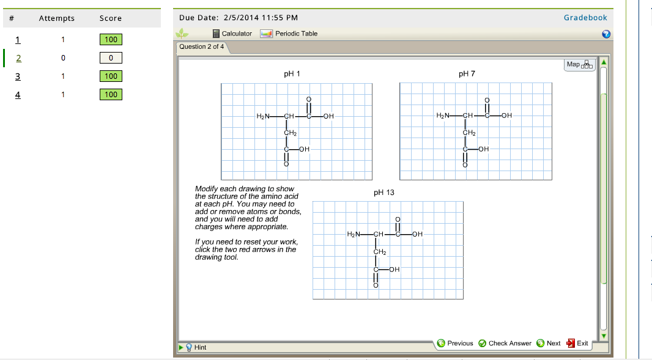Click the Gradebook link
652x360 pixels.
(585, 18)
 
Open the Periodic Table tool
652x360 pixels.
(296, 34)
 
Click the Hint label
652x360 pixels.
(200, 347)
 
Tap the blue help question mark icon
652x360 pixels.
(606, 34)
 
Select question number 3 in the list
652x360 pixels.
(18, 76)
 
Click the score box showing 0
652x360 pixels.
(111, 58)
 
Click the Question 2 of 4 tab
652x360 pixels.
(201, 47)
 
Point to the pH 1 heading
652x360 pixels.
(292, 74)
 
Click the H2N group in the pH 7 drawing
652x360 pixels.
(443, 116)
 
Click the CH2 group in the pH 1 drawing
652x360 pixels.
(290, 133)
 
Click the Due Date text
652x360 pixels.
(239, 18)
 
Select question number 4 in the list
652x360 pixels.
(18, 95)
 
